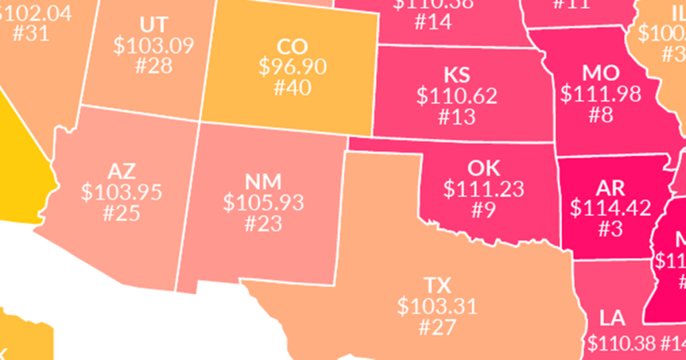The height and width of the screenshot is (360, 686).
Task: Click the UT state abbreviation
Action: tap(154, 25)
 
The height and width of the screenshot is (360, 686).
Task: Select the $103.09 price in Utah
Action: tap(154, 46)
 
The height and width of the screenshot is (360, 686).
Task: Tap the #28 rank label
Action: tap(154, 66)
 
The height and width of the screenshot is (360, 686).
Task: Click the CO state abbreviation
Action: tap(292, 46)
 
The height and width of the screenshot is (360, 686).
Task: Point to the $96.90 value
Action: tap(292, 66)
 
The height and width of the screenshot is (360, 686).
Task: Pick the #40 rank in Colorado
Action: tap(292, 87)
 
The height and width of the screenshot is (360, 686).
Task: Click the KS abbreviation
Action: tap(457, 75)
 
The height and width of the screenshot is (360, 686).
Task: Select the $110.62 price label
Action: tap(457, 96)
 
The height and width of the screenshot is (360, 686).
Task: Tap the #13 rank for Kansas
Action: tap(457, 117)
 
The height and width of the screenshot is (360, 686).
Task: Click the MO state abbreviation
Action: tap(601, 72)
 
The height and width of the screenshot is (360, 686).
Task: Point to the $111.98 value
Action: tap(601, 94)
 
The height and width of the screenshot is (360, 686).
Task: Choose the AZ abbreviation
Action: tap(121, 171)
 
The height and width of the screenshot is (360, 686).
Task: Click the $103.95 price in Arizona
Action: tap(121, 192)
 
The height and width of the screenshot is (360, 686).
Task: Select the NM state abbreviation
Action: tap(264, 181)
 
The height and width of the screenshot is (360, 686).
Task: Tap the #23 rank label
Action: tap(264, 223)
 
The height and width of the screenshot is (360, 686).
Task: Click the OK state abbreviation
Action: tap(483, 168)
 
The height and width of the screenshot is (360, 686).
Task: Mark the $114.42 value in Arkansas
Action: tap(610, 208)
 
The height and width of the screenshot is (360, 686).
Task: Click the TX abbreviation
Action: tap(437, 286)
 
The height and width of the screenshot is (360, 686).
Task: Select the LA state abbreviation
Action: tap(612, 317)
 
